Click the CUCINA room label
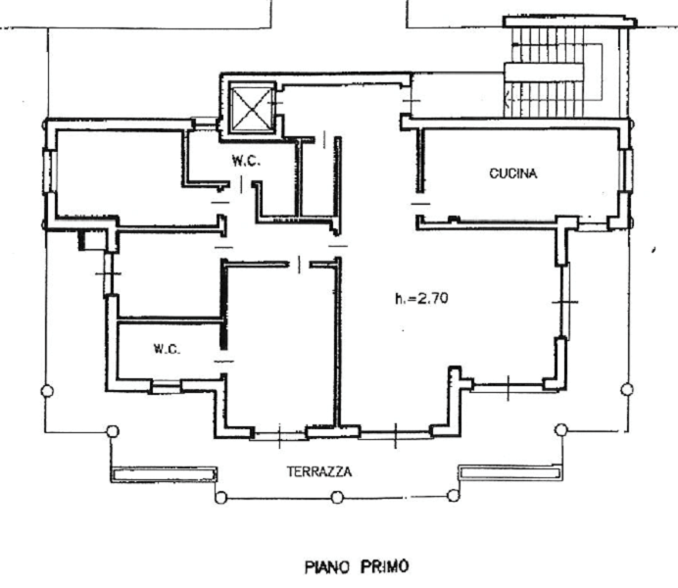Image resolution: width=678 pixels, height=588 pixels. (513, 173)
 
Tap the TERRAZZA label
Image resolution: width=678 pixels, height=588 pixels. (319, 471)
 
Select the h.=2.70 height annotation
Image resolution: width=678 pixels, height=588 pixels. (421, 298)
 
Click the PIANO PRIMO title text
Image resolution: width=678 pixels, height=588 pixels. (357, 566)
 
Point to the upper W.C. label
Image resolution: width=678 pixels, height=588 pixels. (246, 161)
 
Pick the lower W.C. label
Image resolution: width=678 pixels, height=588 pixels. (167, 349)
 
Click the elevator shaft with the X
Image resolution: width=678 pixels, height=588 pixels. (252, 108)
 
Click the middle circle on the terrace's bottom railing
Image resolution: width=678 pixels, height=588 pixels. (337, 497)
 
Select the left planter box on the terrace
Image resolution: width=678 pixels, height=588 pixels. (164, 474)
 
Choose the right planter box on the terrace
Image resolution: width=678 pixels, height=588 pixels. (510, 472)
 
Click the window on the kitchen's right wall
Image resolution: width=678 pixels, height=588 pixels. (626, 170)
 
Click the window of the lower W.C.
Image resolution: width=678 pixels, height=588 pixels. (166, 386)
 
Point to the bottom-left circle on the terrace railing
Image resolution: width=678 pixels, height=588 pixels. (220, 498)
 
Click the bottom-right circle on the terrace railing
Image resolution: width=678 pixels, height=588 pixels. (454, 496)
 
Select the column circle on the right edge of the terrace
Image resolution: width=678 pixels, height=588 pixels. (627, 390)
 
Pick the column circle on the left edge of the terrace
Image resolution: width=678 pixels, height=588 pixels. (48, 391)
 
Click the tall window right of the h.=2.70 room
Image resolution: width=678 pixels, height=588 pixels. (565, 301)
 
